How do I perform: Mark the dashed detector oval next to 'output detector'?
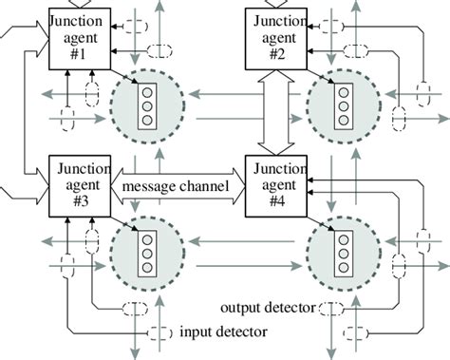331,308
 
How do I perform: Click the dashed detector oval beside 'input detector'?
162,332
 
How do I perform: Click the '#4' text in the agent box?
278,201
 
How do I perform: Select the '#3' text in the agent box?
80,201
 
